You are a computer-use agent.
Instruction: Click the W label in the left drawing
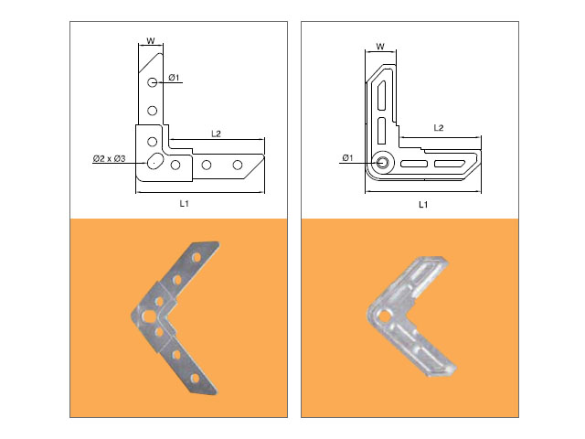click(150, 40)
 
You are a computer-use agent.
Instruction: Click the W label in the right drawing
click(380, 47)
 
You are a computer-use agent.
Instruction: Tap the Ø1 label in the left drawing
click(174, 78)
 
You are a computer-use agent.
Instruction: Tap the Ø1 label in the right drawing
click(347, 158)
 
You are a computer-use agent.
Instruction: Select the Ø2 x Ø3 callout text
click(110, 158)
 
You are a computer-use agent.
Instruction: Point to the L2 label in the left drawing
click(216, 134)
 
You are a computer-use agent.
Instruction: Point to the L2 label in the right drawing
click(439, 128)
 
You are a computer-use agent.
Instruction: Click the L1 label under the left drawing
click(185, 203)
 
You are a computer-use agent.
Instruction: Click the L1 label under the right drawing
click(423, 205)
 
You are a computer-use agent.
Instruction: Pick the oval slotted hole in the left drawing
click(155, 161)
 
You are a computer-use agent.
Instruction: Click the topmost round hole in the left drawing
click(152, 82)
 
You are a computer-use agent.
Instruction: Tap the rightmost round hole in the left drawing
click(238, 165)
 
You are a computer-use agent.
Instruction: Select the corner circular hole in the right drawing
click(382, 163)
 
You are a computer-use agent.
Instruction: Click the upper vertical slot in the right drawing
click(381, 95)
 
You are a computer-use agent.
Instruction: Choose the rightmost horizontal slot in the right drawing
click(449, 164)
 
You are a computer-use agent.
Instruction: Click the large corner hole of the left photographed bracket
click(148, 316)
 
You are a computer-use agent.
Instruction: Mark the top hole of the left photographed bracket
click(196, 258)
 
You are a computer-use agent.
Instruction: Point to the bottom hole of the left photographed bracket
click(195, 379)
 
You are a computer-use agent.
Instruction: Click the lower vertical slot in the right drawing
click(381, 131)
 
